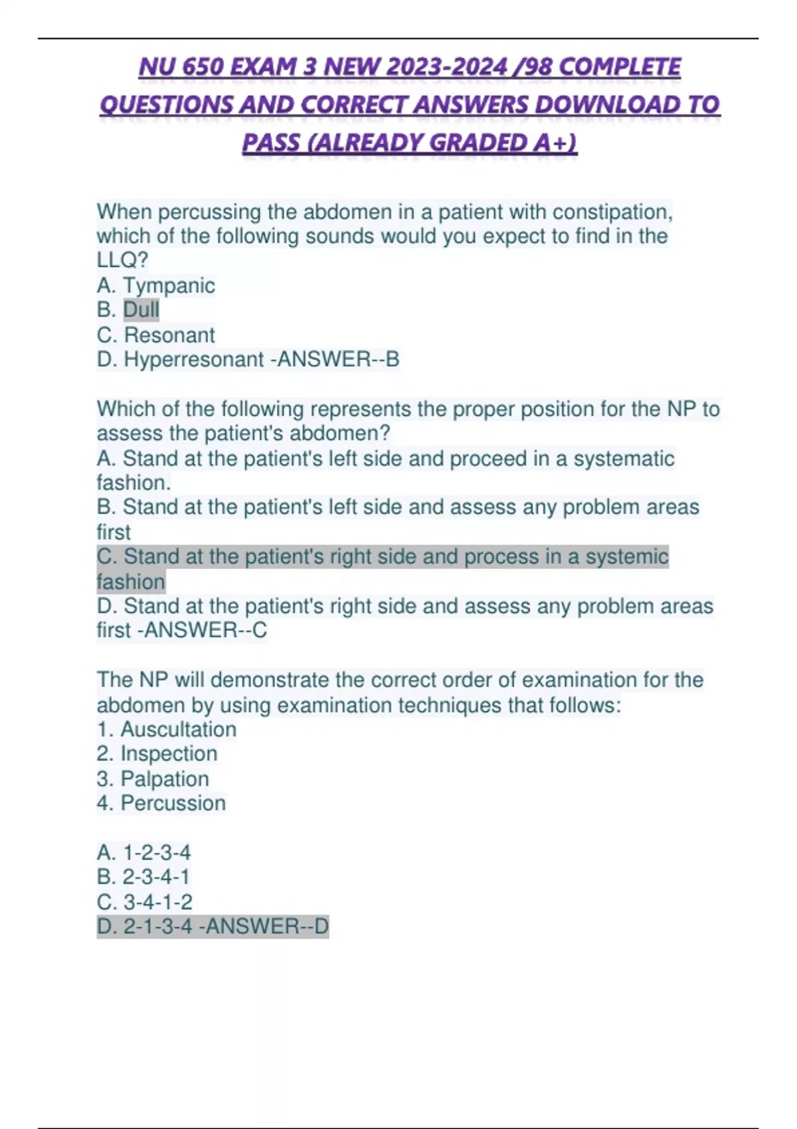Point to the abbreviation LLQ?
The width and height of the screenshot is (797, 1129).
[122, 260]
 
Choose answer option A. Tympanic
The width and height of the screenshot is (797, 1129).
[156, 286]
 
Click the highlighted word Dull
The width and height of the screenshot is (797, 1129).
[141, 309]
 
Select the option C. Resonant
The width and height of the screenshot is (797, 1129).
[156, 335]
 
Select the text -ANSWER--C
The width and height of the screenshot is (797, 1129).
[202, 630]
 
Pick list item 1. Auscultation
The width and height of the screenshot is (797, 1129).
[167, 729]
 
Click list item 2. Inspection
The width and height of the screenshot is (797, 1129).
[157, 754]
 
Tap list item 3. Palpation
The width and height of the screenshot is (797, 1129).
[153, 778]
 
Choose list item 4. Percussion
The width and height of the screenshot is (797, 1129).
[161, 803]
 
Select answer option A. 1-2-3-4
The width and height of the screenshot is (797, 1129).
[144, 852]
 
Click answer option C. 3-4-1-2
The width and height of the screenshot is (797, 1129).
[145, 902]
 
